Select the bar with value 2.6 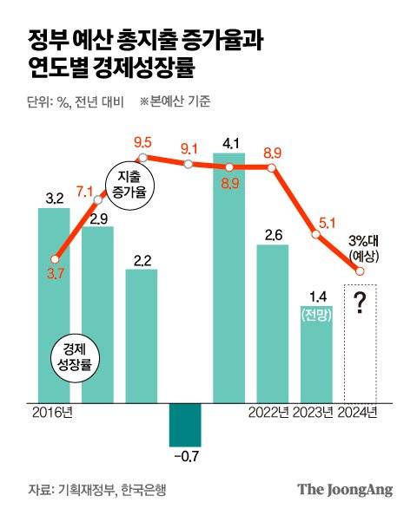[x=273, y=324]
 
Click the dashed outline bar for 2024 [x=360, y=343]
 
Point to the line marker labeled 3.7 [x=55, y=258]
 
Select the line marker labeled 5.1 [x=316, y=232]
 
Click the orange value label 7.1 [x=85, y=191]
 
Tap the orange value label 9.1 [x=189, y=148]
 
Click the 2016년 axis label [x=52, y=412]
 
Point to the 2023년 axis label [x=314, y=412]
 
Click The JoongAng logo [x=345, y=489]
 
